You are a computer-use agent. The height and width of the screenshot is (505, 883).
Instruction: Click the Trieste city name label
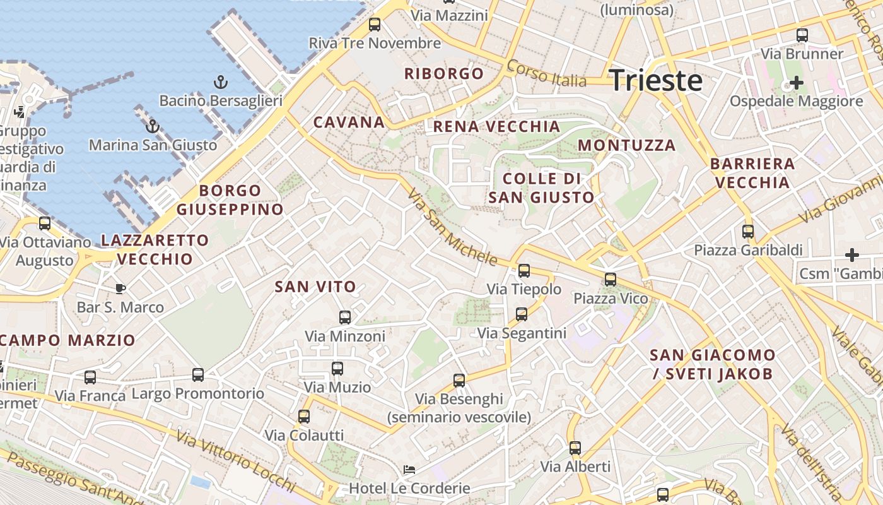(656, 81)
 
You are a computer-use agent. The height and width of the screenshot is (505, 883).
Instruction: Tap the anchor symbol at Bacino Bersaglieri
(220, 81)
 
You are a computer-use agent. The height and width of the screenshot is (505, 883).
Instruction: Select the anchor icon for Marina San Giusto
(152, 126)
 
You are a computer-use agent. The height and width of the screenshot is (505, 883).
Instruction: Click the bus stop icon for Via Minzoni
(345, 317)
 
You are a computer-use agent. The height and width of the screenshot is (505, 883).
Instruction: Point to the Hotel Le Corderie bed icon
(409, 470)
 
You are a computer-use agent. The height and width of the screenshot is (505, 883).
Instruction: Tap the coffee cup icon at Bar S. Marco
(120, 288)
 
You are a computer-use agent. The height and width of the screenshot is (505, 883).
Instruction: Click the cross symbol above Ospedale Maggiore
(797, 82)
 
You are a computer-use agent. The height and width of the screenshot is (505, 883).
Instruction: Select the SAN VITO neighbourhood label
(315, 287)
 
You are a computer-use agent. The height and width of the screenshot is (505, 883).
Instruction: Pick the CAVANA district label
(349, 122)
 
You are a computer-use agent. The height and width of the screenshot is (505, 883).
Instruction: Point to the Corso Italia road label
(546, 74)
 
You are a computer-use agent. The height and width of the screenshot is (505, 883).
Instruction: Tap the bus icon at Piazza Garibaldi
(748, 231)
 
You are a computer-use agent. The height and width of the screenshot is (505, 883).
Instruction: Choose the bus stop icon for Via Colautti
(304, 417)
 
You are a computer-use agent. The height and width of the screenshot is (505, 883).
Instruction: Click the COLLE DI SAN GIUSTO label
(541, 187)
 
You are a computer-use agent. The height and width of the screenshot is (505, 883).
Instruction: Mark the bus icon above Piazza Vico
(610, 279)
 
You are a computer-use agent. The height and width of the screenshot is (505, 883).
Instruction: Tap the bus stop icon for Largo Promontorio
(198, 375)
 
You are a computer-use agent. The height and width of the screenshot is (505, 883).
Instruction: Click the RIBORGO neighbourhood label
(444, 73)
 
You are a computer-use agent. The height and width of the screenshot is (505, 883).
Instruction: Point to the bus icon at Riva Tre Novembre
(375, 25)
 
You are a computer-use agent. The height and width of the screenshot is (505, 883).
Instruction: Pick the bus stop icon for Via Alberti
(575, 448)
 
